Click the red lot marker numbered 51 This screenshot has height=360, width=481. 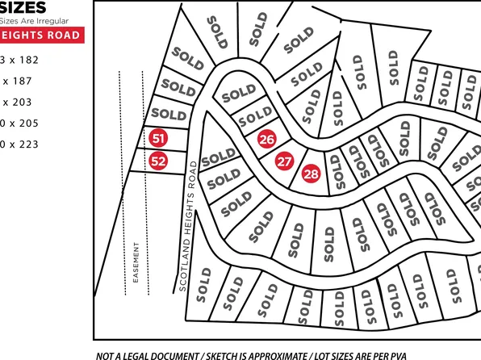pyautogui.click(x=158, y=139)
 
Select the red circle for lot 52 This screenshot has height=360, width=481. pyautogui.click(x=158, y=161)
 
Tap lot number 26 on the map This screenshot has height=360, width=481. pyautogui.click(x=267, y=139)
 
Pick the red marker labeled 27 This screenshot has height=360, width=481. pyautogui.click(x=284, y=161)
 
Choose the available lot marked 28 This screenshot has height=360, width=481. pyautogui.click(x=312, y=173)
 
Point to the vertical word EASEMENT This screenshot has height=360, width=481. pyautogui.click(x=136, y=262)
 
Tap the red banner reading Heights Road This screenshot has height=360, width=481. pyautogui.click(x=40, y=36)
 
